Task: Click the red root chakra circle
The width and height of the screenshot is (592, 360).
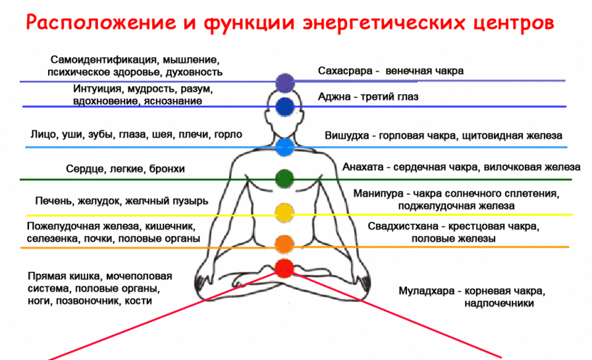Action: click(284, 269)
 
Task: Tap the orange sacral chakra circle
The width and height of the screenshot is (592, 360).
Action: click(284, 244)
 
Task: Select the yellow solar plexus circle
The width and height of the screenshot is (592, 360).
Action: click(284, 213)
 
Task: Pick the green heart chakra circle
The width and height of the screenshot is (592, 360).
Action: click(284, 179)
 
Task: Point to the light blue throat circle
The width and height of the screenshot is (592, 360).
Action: click(284, 147)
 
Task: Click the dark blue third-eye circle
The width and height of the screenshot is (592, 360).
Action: click(284, 107)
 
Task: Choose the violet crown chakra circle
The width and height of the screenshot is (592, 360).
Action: click(284, 83)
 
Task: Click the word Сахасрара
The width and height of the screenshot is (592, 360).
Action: click(345, 71)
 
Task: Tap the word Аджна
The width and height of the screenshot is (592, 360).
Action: click(334, 97)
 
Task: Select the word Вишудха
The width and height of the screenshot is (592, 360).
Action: click(346, 136)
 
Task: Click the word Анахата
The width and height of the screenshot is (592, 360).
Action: click(363, 167)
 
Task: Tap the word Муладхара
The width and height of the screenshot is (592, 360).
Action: click(426, 292)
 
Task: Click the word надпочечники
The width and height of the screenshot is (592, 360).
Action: click(499, 304)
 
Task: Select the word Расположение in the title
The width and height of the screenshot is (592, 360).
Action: click(101, 23)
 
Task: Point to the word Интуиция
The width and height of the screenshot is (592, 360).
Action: click(97, 89)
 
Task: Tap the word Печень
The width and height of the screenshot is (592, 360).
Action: click(55, 201)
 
